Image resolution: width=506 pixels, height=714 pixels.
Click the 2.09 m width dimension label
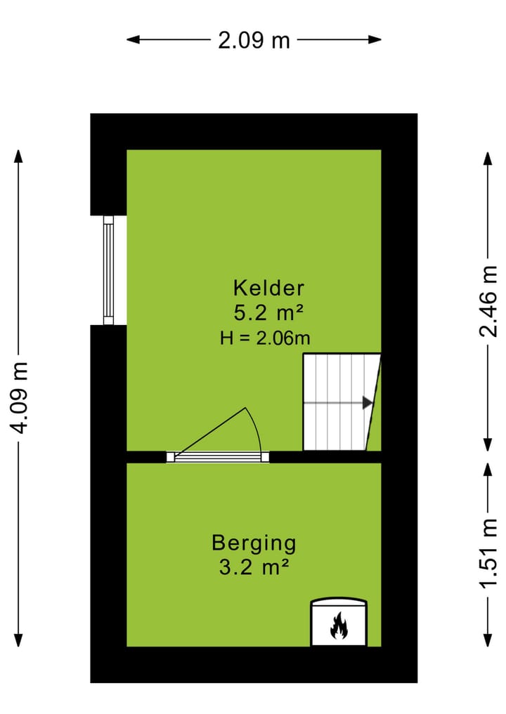(254, 40)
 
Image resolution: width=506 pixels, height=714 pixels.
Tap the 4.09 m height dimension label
(20, 397)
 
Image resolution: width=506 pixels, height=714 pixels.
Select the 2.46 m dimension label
(488, 301)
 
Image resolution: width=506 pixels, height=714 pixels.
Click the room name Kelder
(268, 288)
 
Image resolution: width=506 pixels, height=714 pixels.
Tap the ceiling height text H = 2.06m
(265, 338)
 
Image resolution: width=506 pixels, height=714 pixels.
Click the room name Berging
(254, 543)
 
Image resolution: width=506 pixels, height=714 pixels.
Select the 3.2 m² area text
(254, 567)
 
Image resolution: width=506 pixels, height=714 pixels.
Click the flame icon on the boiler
(339, 626)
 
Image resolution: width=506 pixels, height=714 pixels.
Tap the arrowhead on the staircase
(367, 403)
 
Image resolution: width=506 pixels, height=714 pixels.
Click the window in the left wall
(108, 270)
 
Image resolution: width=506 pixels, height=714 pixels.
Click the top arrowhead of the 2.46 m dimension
(488, 156)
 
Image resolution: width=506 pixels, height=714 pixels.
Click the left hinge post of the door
(170, 457)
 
